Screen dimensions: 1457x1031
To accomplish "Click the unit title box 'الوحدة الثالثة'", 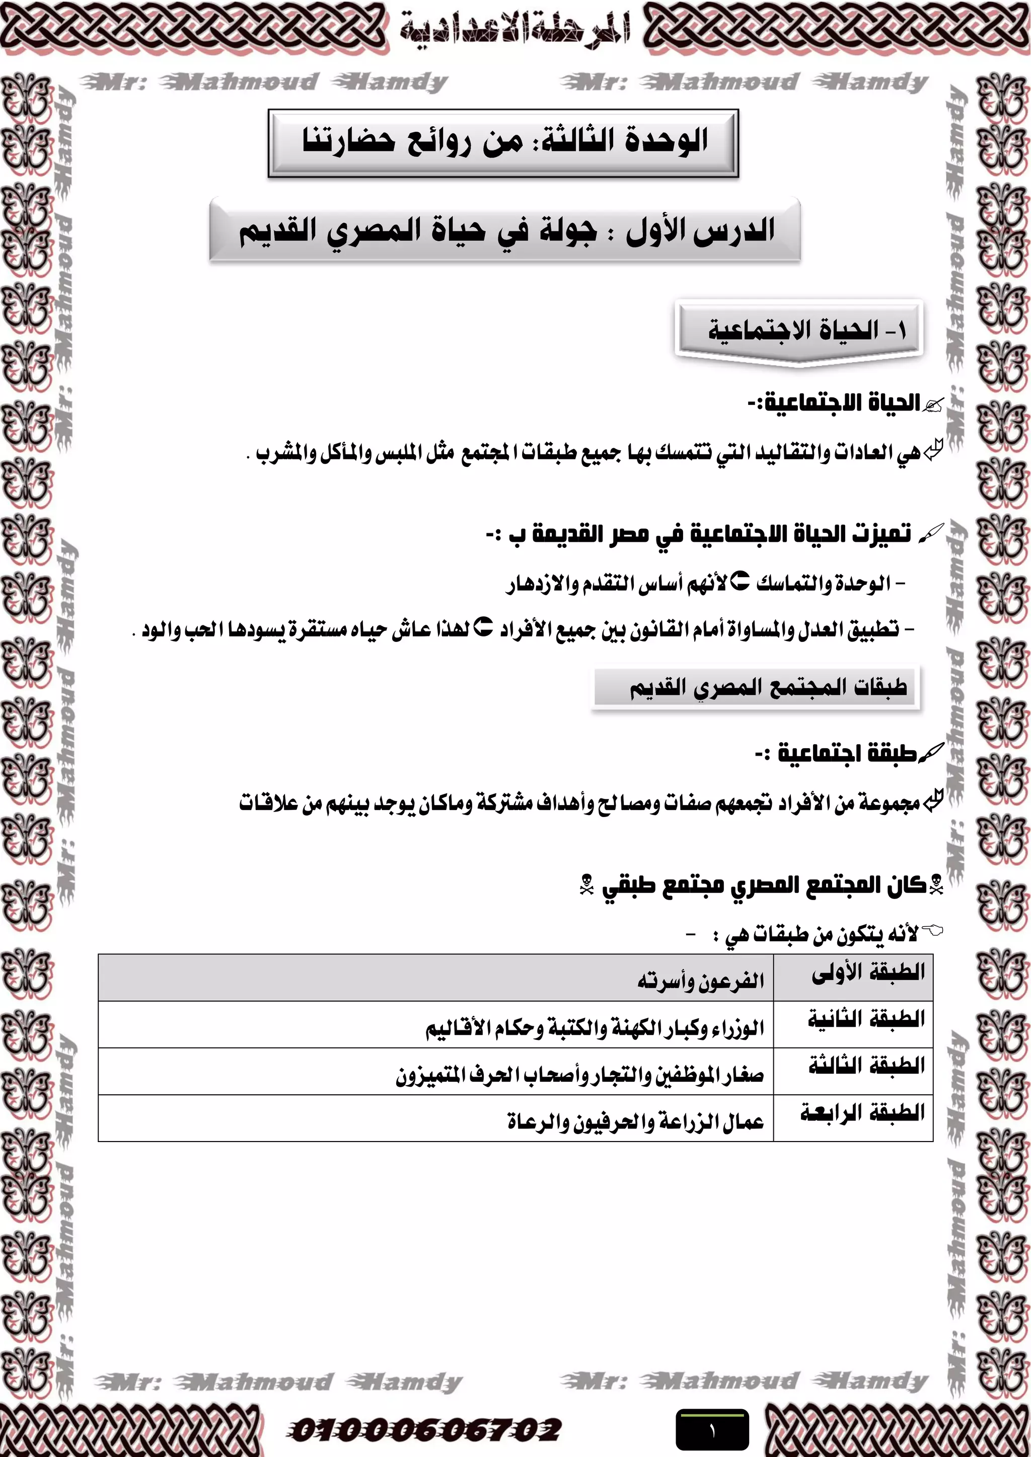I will [x=503, y=142].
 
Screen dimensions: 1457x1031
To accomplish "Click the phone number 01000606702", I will [x=424, y=1429].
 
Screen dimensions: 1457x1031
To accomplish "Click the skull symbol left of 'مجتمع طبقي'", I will [x=586, y=884].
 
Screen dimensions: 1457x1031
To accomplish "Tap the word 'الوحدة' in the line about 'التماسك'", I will [x=866, y=584].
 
